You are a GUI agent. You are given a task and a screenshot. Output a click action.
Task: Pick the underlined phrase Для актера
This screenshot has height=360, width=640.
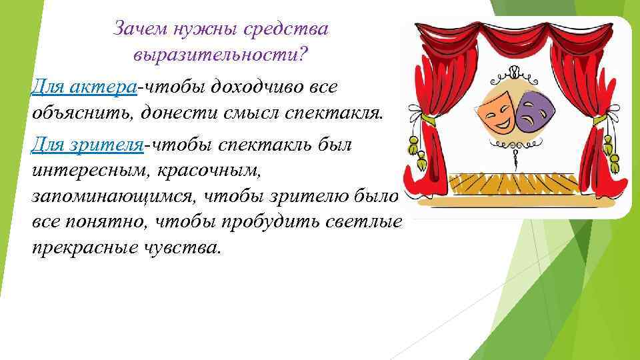85,87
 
